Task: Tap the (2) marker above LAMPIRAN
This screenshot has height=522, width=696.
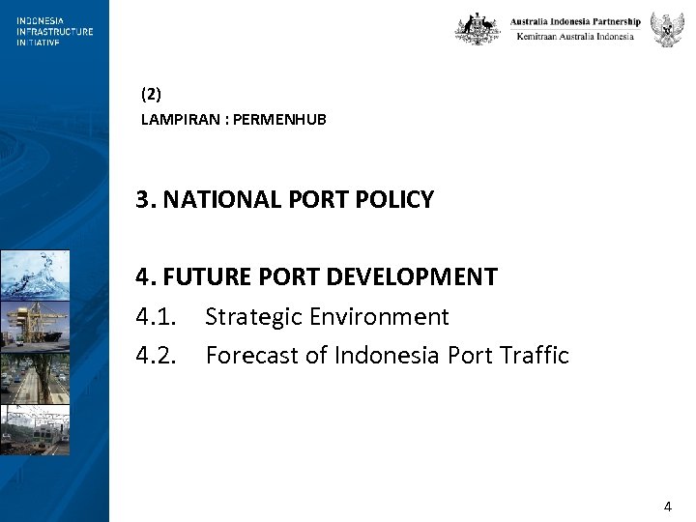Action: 151,95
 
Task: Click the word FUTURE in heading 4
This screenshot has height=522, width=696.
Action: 199,277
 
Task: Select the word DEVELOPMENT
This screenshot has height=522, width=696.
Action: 412,277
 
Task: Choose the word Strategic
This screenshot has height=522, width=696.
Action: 253,317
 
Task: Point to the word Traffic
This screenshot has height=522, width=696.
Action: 535,356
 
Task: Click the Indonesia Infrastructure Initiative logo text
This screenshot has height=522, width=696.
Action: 54,31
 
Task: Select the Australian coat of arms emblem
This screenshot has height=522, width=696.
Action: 478,29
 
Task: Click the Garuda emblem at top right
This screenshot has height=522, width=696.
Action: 667,29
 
